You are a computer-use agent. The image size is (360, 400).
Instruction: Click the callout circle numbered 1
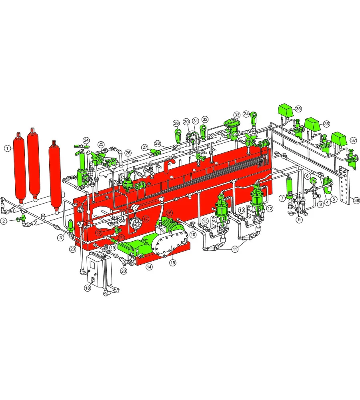point(7,148)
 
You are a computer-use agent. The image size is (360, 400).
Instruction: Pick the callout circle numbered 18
point(88,288)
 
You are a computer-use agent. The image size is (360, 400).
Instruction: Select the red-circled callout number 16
point(169,213)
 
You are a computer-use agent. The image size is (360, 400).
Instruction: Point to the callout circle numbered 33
point(237,115)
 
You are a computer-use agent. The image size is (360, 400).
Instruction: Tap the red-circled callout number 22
point(99,232)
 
